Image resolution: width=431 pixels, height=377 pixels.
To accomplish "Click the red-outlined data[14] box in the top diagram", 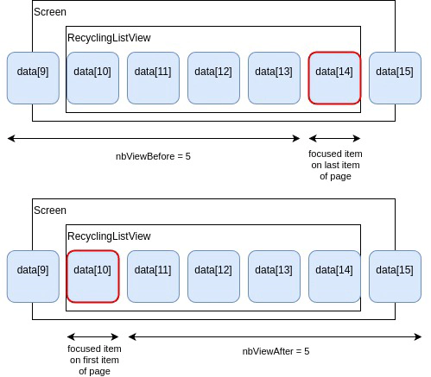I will tap(334, 78).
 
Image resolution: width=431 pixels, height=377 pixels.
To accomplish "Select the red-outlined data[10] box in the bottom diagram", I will tap(92, 276).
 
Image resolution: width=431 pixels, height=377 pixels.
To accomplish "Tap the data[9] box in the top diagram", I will tap(32, 78).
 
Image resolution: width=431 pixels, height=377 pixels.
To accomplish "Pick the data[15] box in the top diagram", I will tap(395, 78).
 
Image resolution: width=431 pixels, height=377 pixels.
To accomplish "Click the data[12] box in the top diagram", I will tap(213, 78).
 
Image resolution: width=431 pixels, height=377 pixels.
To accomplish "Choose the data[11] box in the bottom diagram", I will tap(153, 276).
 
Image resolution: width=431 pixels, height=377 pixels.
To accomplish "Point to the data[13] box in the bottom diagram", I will tap(274, 276).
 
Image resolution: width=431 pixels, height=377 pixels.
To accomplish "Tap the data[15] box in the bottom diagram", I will tap(395, 276).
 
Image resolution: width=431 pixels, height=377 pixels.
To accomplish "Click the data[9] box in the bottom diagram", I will tap(32, 276).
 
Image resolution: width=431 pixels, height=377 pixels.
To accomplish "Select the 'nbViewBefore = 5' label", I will tap(153, 156).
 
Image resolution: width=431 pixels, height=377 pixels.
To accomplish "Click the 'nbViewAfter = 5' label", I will tap(276, 351).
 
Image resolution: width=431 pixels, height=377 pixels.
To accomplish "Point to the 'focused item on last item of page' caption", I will tap(335, 165).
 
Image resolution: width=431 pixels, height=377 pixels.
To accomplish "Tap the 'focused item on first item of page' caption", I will tap(94, 360).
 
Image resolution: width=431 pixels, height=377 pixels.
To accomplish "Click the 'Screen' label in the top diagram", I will tap(50, 12).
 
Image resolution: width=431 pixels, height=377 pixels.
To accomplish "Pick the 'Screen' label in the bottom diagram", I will tap(50, 210).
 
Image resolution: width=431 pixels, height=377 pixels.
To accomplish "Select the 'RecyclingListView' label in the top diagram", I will tap(109, 38).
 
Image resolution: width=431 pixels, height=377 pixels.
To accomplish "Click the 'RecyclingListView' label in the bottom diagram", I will tap(109, 236).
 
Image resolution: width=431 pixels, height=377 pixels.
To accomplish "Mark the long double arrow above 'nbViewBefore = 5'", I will tap(153, 138).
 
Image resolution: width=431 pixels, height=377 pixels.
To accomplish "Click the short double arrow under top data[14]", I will tap(334, 138).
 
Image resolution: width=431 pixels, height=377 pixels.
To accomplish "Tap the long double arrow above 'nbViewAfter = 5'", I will tap(276, 336).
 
